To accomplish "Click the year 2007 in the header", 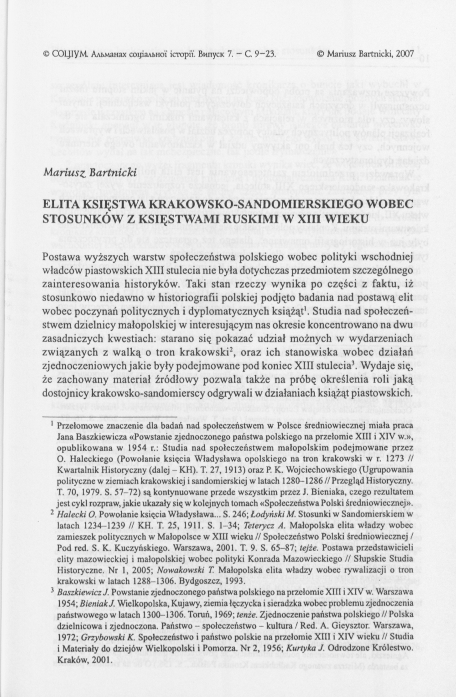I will pos(404,54).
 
